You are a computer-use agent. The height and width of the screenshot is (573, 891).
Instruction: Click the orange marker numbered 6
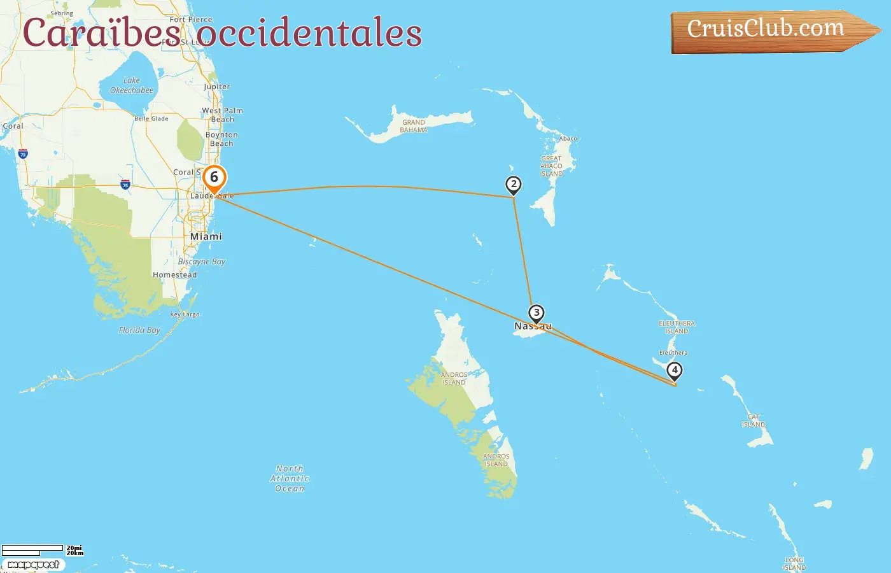point(214,178)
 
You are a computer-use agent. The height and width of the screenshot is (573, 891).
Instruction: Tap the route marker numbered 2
point(514,185)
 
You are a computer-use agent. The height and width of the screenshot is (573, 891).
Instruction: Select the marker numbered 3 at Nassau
point(537,313)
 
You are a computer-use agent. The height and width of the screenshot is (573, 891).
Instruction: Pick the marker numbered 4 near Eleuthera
point(674,370)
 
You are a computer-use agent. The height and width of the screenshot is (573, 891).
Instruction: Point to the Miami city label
point(206,236)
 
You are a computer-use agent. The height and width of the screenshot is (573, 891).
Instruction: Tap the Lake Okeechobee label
point(132,85)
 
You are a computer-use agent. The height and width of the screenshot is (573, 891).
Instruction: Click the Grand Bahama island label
point(414,126)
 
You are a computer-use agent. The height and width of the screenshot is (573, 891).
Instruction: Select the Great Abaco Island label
point(551,166)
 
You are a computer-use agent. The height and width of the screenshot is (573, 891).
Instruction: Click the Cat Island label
point(754,421)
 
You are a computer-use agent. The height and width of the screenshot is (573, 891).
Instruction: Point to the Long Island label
point(794,563)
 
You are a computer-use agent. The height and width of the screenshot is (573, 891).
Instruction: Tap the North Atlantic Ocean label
point(290,478)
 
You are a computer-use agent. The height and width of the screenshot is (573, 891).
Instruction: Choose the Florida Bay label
point(139,330)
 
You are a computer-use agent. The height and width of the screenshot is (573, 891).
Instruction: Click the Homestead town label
point(174,275)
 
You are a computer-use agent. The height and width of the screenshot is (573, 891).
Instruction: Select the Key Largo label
point(185,315)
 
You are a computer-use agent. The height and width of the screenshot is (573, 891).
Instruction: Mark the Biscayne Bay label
point(202,262)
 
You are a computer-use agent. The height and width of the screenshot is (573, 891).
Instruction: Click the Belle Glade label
point(151,118)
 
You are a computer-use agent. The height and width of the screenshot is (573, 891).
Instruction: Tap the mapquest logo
point(33,565)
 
